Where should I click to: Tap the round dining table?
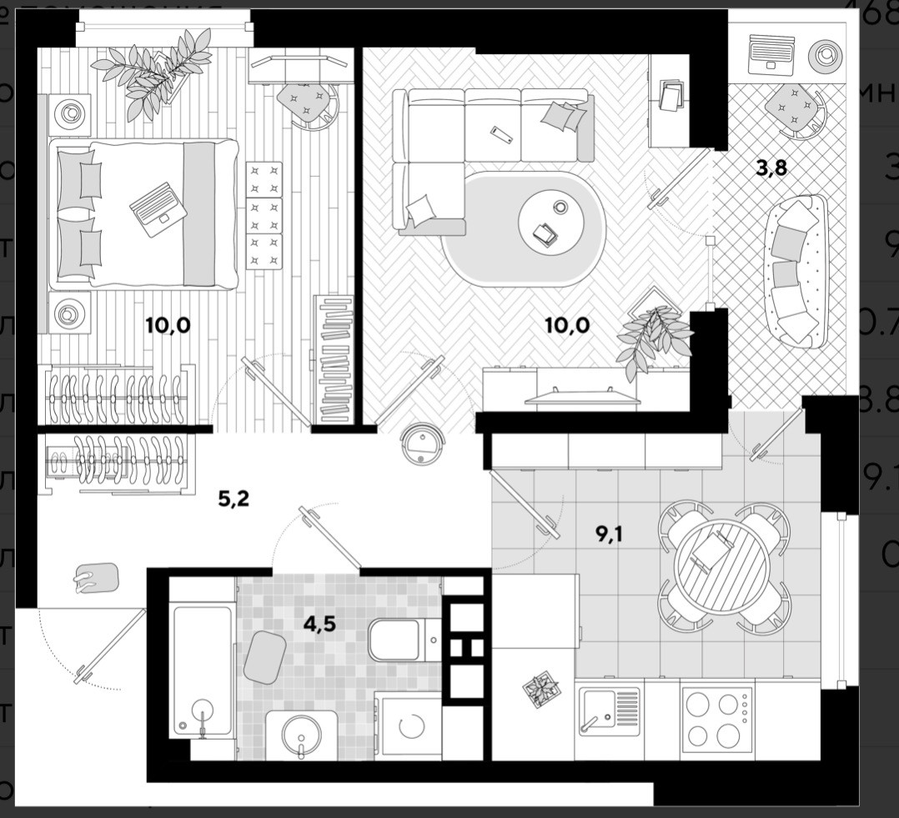click(x=722, y=567)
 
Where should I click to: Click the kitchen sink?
click(x=610, y=711)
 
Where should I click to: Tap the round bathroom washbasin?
click(x=301, y=735)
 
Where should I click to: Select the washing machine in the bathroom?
click(x=409, y=726)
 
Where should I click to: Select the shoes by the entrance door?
click(x=94, y=578)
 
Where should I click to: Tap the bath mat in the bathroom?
click(x=265, y=657)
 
